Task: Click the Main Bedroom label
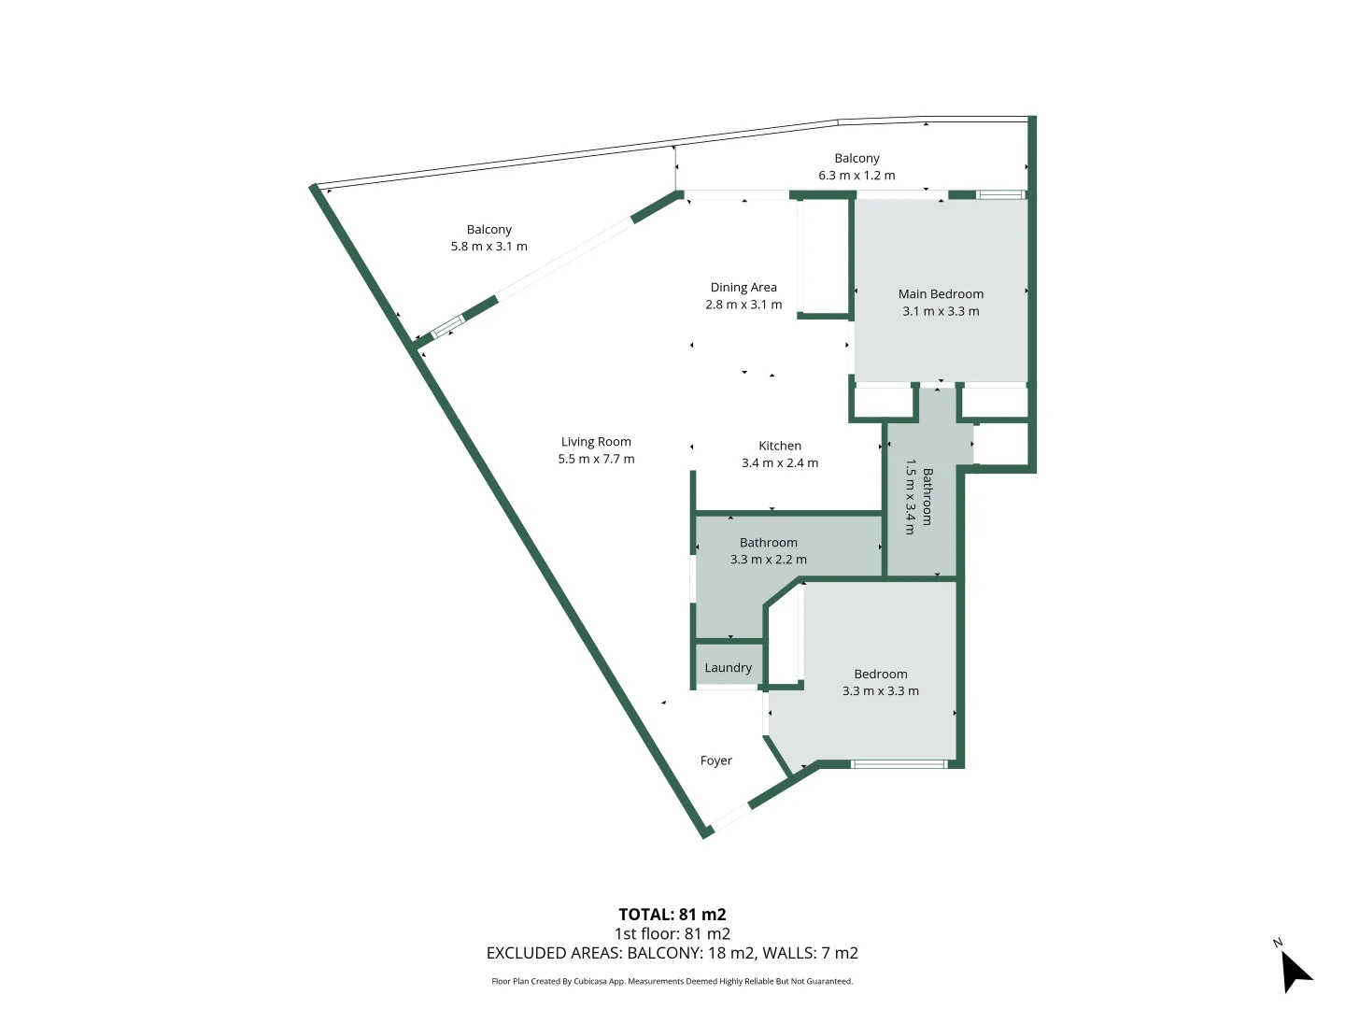coord(941,294)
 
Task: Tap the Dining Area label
coord(743,288)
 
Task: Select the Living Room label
coord(596,442)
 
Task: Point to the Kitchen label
coord(780,446)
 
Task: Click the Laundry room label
coord(728,668)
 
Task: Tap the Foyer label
coord(716,760)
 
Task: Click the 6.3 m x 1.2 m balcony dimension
coord(857,176)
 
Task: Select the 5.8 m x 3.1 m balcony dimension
coord(488,247)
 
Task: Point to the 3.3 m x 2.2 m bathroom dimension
coord(769,560)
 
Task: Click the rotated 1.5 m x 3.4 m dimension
coord(909,496)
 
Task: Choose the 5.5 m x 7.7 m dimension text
coord(596,459)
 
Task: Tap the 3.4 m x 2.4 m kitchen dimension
coord(780,463)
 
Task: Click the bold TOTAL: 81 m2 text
coord(672,915)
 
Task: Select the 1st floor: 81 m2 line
coord(672,933)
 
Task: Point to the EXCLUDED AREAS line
coord(672,953)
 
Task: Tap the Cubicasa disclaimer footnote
coord(672,981)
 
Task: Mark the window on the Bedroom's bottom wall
coord(899,764)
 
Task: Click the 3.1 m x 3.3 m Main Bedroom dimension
coord(941,312)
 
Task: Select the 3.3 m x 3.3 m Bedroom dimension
coord(881,691)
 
